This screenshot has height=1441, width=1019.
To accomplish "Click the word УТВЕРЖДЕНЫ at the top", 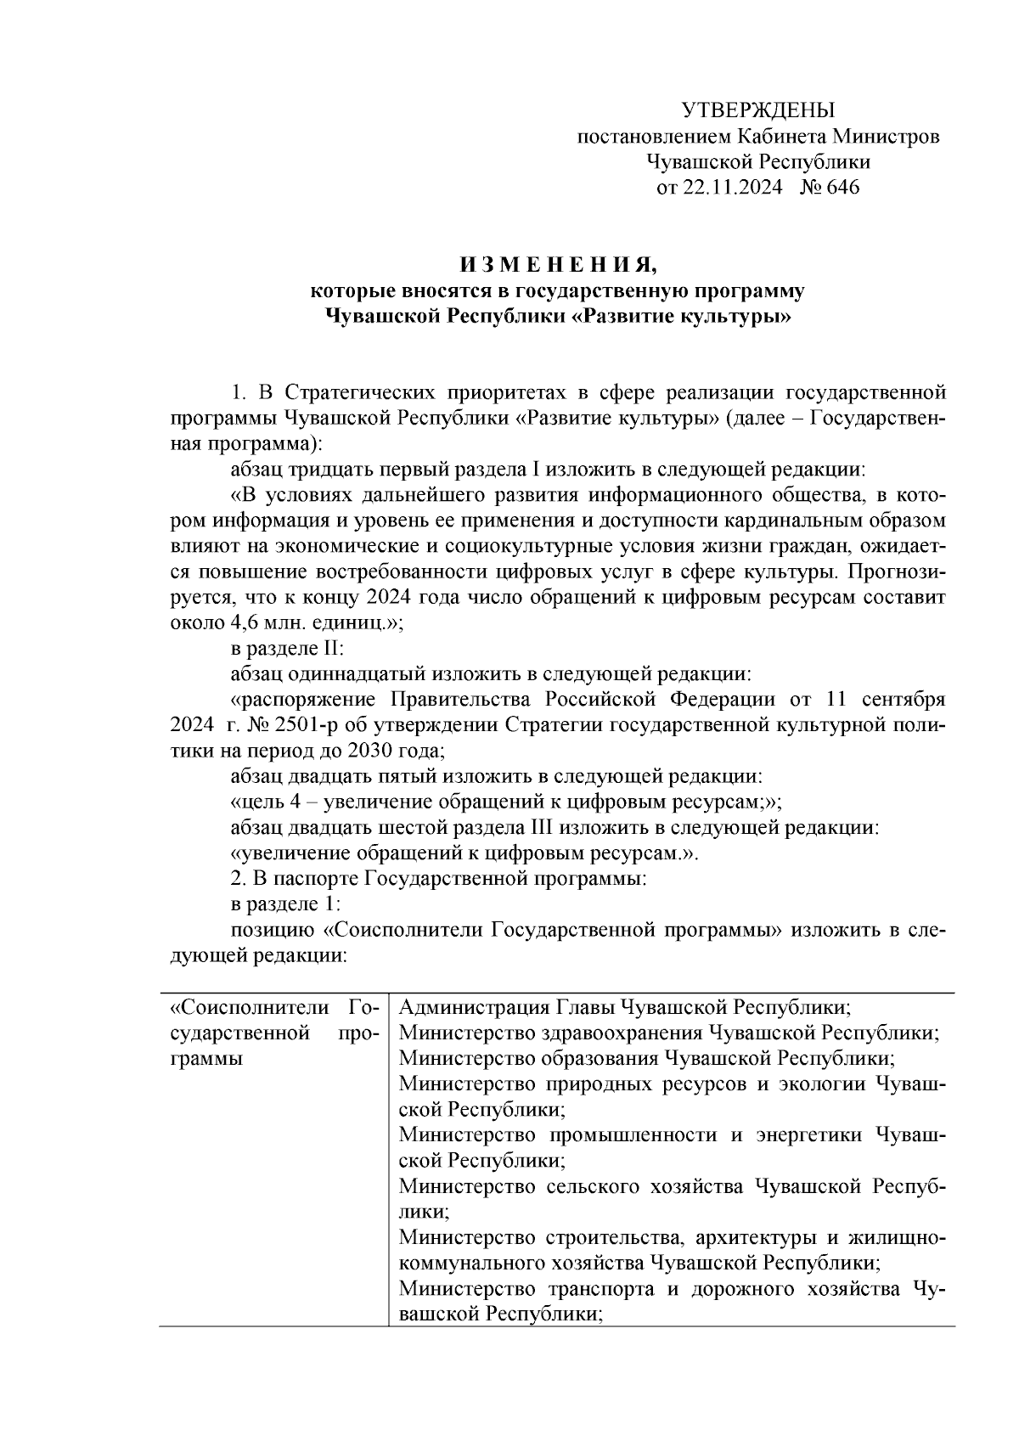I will click(758, 110).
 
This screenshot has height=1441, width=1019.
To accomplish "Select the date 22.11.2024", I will click(732, 188).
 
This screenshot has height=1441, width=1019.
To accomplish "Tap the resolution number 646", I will click(842, 188).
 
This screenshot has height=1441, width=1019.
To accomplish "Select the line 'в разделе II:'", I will click(286, 649).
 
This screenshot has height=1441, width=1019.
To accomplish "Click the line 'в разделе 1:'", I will click(284, 904).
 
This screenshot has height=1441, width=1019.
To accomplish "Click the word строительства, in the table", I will click(612, 1238).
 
